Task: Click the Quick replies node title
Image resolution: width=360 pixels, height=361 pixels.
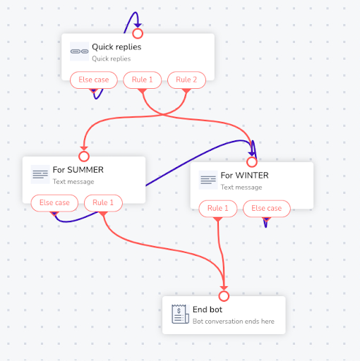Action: (x=116, y=47)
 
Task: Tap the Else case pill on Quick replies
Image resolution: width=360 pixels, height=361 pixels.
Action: (x=94, y=80)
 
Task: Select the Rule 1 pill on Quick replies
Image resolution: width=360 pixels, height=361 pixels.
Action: (x=143, y=80)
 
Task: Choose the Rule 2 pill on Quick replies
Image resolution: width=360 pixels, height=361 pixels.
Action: (x=186, y=80)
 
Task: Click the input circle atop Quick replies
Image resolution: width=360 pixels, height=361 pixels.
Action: (x=138, y=34)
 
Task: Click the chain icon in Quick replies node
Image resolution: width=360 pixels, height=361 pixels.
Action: (x=80, y=51)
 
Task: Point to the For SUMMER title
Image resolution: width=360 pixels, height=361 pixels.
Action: (x=78, y=170)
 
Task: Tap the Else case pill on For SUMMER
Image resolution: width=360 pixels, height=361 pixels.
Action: (x=54, y=203)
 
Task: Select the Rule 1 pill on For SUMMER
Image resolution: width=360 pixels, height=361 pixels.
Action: (x=103, y=203)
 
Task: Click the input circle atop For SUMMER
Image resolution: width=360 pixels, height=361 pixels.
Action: (x=84, y=157)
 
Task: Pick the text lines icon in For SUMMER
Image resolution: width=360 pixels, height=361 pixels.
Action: (x=40, y=174)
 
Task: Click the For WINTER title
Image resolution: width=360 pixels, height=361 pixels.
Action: (x=244, y=176)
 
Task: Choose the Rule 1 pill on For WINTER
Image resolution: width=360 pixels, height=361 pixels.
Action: (x=218, y=209)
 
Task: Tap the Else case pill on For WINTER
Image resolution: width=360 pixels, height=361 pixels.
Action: (x=267, y=209)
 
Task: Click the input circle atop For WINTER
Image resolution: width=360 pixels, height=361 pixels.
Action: (x=252, y=162)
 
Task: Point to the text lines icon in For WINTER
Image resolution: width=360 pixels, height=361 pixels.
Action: (x=208, y=180)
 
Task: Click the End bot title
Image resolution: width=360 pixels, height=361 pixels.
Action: (x=208, y=310)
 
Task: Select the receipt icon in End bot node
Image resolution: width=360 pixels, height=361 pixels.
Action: (x=180, y=314)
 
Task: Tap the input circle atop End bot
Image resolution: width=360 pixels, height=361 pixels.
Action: (x=224, y=296)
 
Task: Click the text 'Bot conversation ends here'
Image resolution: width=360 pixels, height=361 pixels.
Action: (x=234, y=322)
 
